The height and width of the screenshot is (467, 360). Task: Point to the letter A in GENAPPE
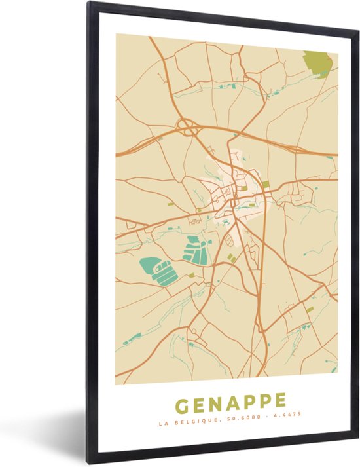point(233,400)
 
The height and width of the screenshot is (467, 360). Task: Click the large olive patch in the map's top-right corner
point(319,64)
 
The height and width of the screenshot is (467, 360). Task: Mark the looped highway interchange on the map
point(189,128)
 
